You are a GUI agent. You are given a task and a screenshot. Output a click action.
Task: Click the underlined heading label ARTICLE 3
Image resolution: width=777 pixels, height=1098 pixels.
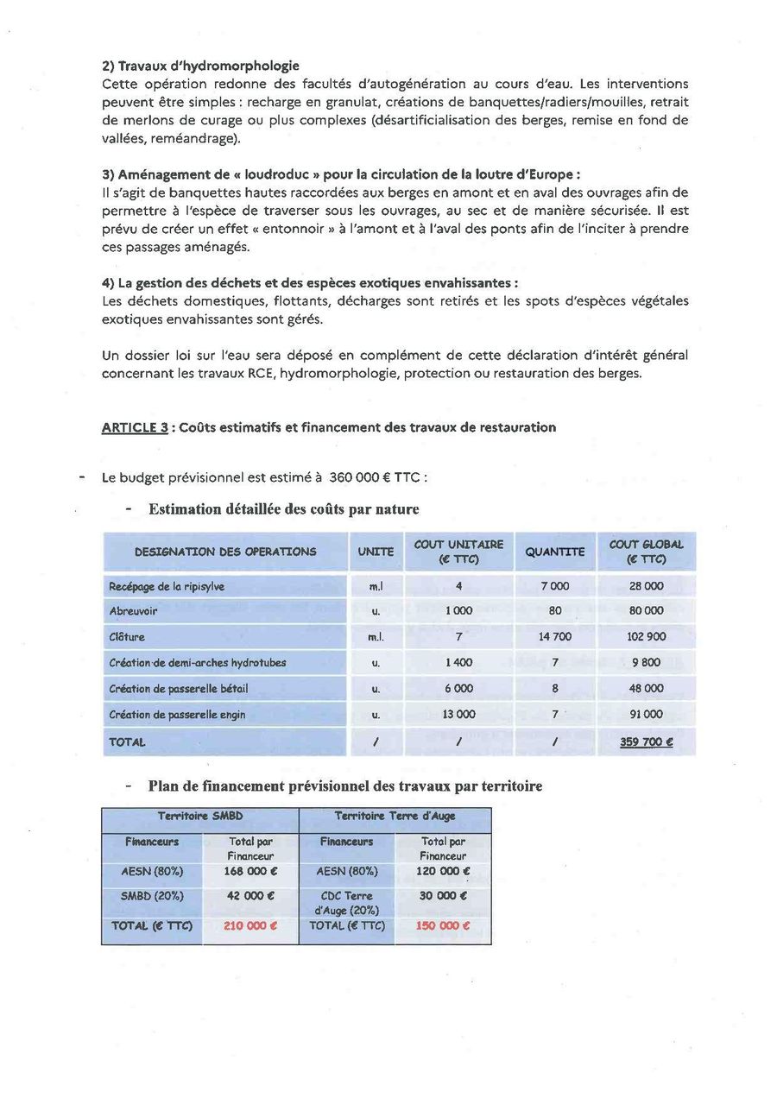coord(135,427)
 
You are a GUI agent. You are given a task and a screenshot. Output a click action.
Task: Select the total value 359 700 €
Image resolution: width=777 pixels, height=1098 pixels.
coord(646,741)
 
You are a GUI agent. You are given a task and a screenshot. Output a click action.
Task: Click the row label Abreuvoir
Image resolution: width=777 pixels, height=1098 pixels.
coord(133,610)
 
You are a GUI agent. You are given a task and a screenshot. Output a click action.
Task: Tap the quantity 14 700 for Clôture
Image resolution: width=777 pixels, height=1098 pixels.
coord(554,637)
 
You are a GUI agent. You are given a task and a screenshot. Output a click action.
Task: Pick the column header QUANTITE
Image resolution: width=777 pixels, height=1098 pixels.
coord(554,552)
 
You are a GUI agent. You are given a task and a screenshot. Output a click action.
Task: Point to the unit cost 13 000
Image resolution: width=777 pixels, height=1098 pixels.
coord(458,715)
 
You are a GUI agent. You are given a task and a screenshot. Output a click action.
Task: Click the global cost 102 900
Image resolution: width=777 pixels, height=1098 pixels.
coord(646,637)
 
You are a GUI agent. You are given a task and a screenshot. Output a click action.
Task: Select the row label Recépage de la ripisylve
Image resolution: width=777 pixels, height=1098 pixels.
coord(167,586)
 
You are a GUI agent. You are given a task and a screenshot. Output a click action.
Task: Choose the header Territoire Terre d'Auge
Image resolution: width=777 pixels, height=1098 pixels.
coord(395,816)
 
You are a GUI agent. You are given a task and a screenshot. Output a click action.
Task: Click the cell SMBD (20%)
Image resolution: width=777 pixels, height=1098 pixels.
coord(152,896)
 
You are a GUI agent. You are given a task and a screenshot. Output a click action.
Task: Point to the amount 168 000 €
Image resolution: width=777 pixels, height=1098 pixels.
coord(250,872)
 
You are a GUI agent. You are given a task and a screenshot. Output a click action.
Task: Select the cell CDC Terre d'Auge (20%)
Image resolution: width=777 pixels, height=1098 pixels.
coord(346,903)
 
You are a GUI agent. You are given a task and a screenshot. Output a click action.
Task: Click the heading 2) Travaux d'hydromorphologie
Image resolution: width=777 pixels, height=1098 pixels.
coord(200,66)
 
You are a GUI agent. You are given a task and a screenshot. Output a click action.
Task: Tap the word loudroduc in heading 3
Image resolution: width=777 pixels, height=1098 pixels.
coord(270,174)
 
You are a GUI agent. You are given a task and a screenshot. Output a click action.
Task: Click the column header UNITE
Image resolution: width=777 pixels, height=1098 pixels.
coord(376,552)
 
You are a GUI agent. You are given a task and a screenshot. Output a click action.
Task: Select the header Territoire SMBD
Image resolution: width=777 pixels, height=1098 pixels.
coord(200,816)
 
